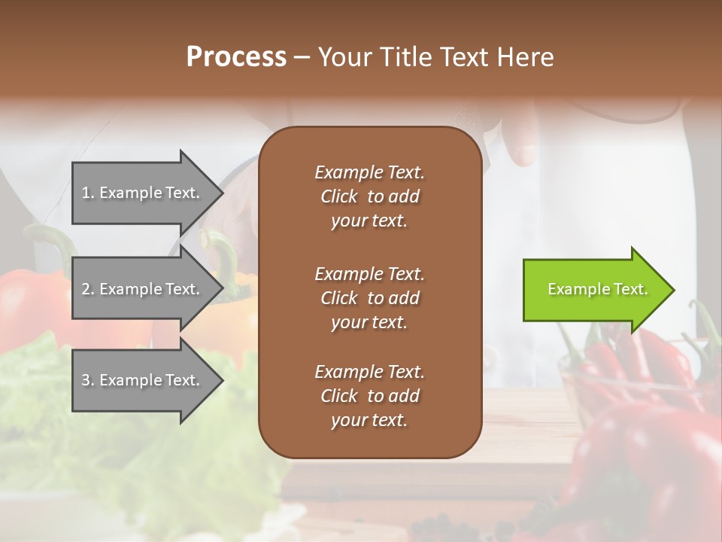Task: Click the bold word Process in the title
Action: pyautogui.click(x=236, y=56)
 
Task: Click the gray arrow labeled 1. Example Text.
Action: pyautogui.click(x=143, y=193)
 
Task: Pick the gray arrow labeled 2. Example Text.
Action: pyautogui.click(x=143, y=289)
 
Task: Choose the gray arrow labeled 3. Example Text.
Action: pyautogui.click(x=143, y=380)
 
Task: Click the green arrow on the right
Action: pyautogui.click(x=594, y=290)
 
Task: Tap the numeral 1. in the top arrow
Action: pyautogui.click(x=87, y=193)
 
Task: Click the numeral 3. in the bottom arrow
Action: pyautogui.click(x=87, y=380)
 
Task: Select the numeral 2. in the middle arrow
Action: pyautogui.click(x=87, y=289)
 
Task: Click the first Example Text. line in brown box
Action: pyautogui.click(x=369, y=172)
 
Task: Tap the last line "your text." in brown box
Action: pyautogui.click(x=369, y=420)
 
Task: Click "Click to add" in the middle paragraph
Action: pyautogui.click(x=369, y=298)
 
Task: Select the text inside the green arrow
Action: pyautogui.click(x=597, y=289)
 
